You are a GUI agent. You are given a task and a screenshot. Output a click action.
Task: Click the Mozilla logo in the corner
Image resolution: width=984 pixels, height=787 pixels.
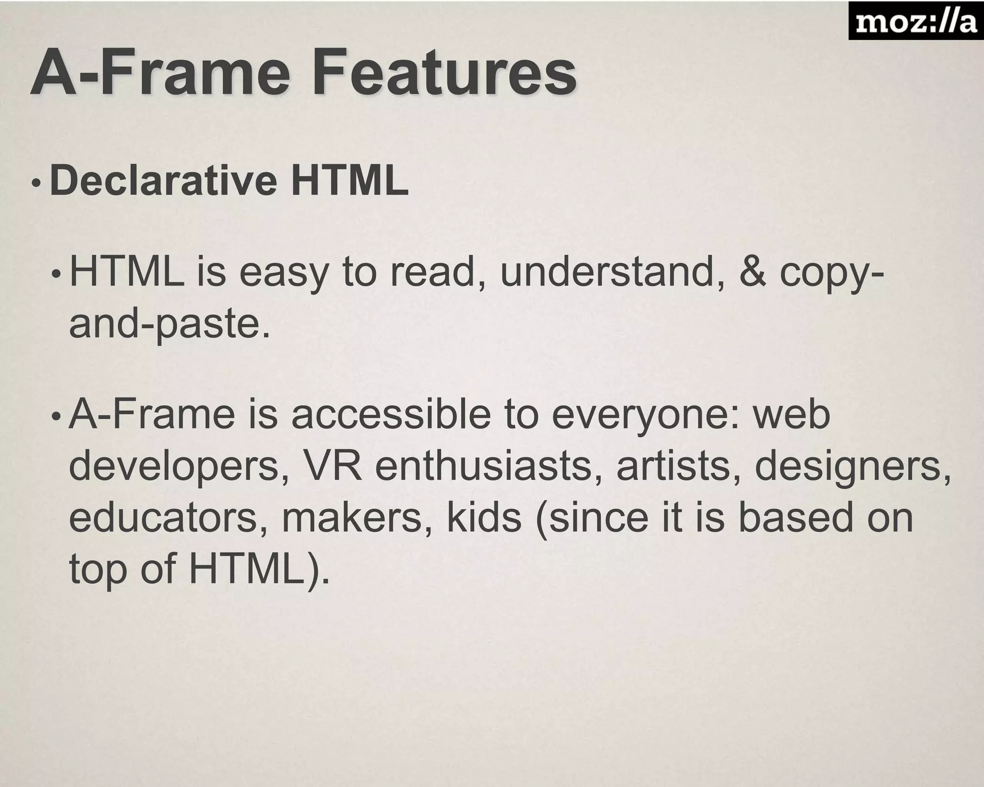coord(916,21)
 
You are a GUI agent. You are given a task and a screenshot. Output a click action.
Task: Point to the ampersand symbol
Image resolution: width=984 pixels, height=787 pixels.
coord(752,272)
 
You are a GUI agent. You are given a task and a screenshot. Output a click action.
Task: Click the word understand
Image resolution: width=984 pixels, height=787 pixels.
coord(606,272)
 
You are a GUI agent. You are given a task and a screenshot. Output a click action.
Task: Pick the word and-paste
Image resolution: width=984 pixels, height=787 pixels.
coord(170,324)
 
